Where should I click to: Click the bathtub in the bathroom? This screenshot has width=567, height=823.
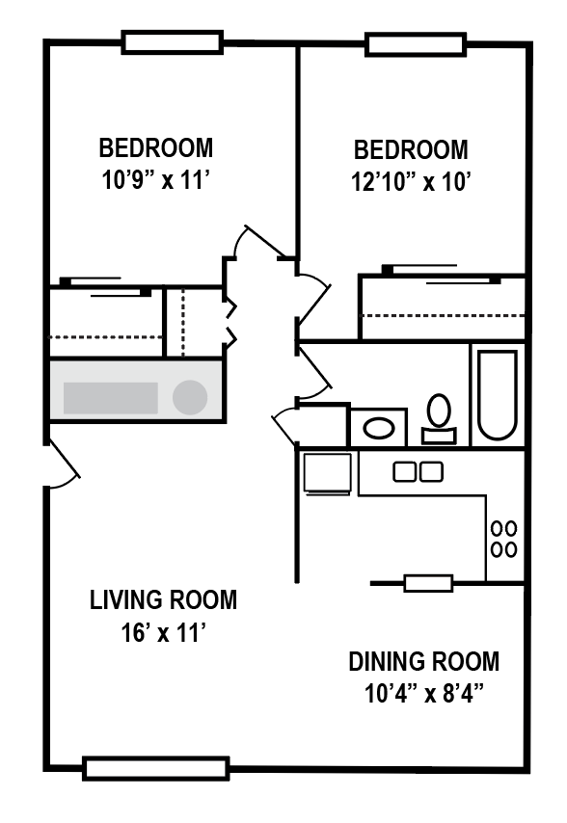tap(498, 395)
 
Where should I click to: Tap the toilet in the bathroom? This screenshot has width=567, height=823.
tap(440, 416)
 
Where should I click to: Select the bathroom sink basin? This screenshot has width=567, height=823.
tap(378, 426)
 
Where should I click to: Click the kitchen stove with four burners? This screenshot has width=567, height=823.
tap(503, 539)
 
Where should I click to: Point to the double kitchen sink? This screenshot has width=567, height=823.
tap(418, 471)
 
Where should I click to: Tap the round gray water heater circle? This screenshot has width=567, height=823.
tap(190, 397)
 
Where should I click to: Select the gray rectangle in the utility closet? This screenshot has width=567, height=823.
tap(110, 397)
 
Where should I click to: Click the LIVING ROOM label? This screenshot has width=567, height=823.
tap(163, 600)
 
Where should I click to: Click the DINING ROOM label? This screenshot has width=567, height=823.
tap(424, 662)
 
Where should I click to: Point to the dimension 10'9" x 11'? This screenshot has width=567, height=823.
tap(156, 181)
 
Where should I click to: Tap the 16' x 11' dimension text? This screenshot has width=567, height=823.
tap(163, 633)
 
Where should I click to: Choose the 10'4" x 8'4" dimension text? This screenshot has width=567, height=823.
tap(424, 694)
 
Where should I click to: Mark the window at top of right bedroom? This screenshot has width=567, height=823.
tap(415, 44)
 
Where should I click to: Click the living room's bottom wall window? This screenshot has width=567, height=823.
tap(156, 768)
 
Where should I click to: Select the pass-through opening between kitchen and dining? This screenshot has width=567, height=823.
tap(427, 583)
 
